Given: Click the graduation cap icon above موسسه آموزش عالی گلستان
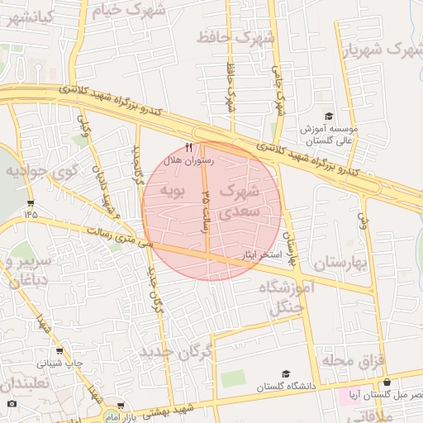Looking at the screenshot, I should pyautogui.click(x=329, y=116).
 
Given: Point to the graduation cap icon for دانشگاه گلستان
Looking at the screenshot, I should pyautogui.click(x=286, y=374).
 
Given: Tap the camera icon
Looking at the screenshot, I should pyautogui.click(x=12, y=403).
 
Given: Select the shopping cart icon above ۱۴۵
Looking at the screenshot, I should pyautogui.click(x=31, y=202).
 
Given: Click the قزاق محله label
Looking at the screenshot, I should pyautogui.click(x=350, y=360).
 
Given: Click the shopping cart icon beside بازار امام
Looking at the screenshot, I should pyautogui.click(x=121, y=406).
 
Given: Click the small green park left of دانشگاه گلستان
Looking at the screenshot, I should pyautogui.click(x=233, y=378).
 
